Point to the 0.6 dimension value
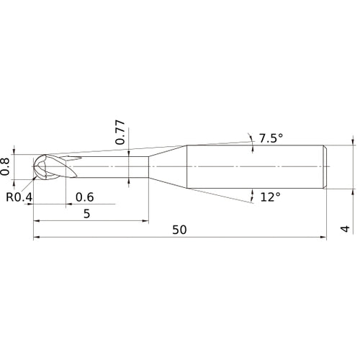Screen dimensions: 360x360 point(84,197)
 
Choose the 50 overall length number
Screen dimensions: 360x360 point(179,230)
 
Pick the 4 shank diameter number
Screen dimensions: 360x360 point(345,230)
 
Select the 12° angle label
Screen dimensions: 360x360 point(271,196)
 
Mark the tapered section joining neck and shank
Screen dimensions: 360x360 point(167,167)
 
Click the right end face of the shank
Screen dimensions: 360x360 point(328,167)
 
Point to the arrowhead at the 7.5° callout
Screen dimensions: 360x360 point(253,140)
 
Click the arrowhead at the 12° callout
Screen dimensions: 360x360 point(253,194)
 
